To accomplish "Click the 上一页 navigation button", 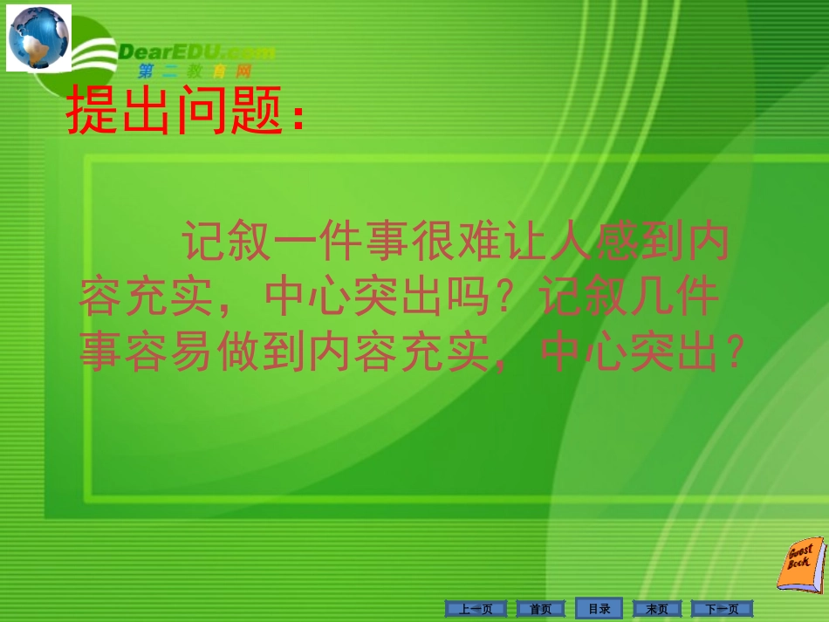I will click(476, 609).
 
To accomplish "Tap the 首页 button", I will click(540, 609).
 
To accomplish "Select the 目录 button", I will click(599, 608).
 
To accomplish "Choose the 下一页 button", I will click(722, 609).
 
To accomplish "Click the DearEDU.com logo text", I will click(195, 51).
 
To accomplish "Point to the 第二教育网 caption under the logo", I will click(195, 72).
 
